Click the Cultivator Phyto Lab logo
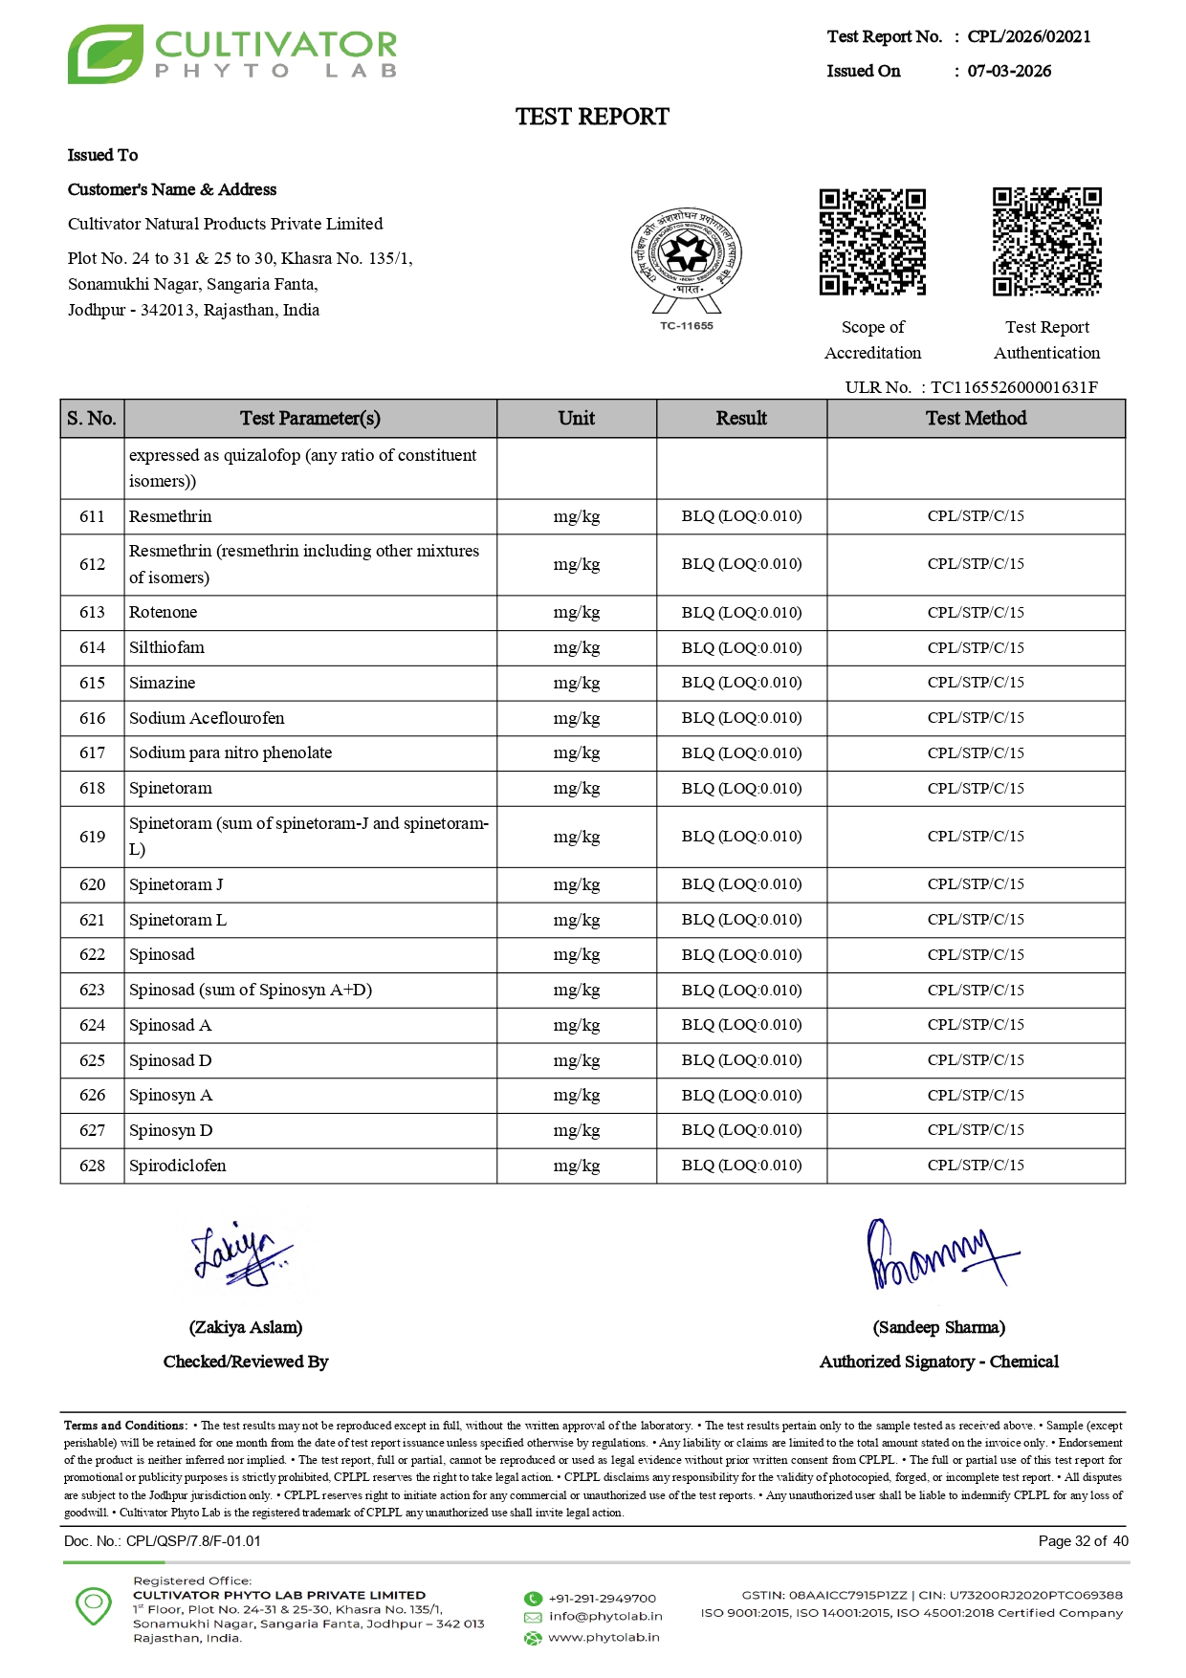[232, 54]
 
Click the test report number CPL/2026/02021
[1028, 36]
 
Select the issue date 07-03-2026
[1009, 71]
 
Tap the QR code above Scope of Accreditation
[872, 242]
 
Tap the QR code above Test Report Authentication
[1046, 242]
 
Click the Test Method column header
[976, 419]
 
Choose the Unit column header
[577, 419]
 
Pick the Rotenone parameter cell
[164, 613]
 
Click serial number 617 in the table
[93, 753]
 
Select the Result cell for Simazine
[741, 683]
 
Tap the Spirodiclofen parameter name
[178, 1166]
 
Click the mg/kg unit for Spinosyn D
[577, 1130]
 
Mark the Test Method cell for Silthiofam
[976, 648]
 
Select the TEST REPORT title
[592, 117]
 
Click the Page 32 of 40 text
[1083, 1541]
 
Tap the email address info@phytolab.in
[605, 1617]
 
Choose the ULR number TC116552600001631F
[1014, 387]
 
